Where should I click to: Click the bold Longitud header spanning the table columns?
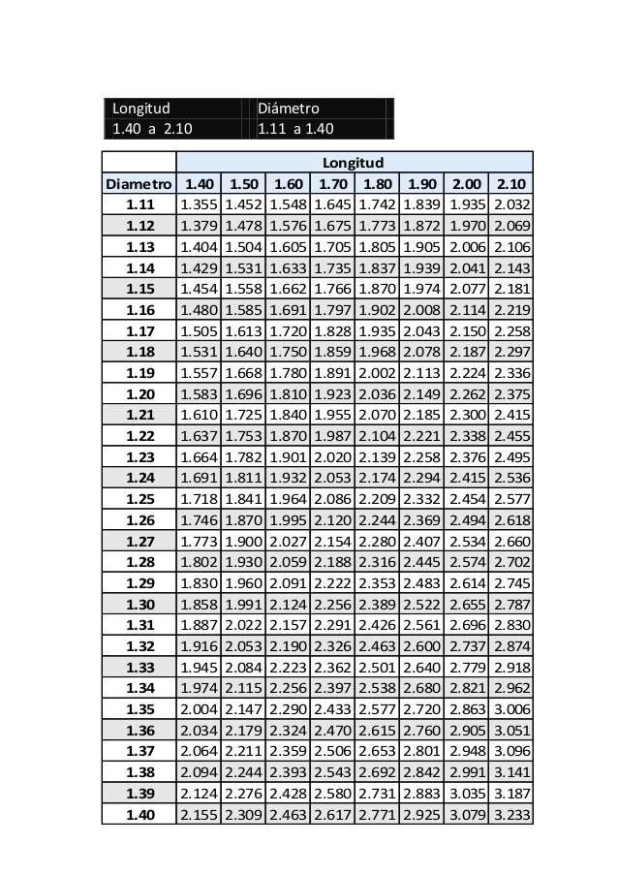click(x=354, y=162)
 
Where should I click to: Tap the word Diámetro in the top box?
click(x=289, y=108)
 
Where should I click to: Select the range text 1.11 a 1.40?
click(x=295, y=128)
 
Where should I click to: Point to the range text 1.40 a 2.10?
click(x=152, y=128)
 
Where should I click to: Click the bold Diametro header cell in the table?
click(x=139, y=183)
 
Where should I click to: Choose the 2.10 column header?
click(x=510, y=183)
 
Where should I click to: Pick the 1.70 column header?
click(x=332, y=183)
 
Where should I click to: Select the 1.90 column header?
click(x=421, y=183)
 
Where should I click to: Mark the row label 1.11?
click(x=139, y=205)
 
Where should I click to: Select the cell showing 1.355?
click(x=199, y=205)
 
